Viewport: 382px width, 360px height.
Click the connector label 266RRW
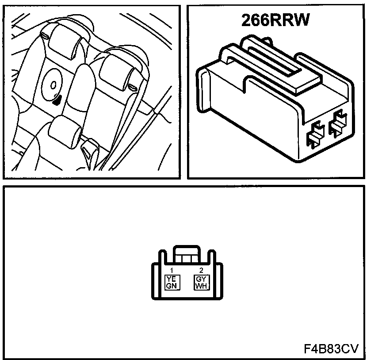pos(275,20)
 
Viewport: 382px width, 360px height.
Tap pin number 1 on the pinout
pos(171,270)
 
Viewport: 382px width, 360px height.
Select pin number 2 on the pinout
pos(201,270)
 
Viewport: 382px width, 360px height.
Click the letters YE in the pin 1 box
pos(171,279)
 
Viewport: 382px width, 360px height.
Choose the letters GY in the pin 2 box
pos(201,279)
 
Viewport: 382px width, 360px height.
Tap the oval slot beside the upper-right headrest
pos(132,86)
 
